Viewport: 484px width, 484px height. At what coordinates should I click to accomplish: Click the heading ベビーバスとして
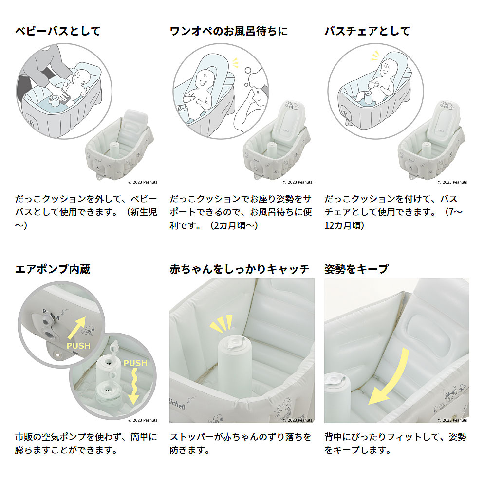tap(58, 31)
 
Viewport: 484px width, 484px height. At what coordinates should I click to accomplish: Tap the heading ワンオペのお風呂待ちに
tap(229, 31)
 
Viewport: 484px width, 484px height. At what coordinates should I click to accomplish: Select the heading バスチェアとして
tap(367, 31)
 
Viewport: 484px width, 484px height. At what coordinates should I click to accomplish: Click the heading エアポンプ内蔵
tap(53, 269)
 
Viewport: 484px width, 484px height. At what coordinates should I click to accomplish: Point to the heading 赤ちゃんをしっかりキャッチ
tap(240, 269)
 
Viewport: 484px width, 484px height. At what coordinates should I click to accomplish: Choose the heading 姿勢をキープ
tap(356, 269)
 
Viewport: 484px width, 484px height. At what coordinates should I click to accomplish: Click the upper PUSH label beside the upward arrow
tap(79, 346)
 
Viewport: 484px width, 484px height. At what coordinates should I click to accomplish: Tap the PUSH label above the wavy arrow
tap(135, 363)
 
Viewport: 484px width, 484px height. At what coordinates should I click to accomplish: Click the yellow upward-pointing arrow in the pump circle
tap(76, 328)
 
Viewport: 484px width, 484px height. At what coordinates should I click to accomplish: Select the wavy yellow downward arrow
tap(134, 386)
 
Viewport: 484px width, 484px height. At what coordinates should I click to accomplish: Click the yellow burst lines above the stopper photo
tap(221, 323)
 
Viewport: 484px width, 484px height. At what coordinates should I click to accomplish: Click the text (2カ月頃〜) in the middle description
tap(234, 225)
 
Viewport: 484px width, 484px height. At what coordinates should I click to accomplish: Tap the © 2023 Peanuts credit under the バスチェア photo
tap(452, 182)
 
